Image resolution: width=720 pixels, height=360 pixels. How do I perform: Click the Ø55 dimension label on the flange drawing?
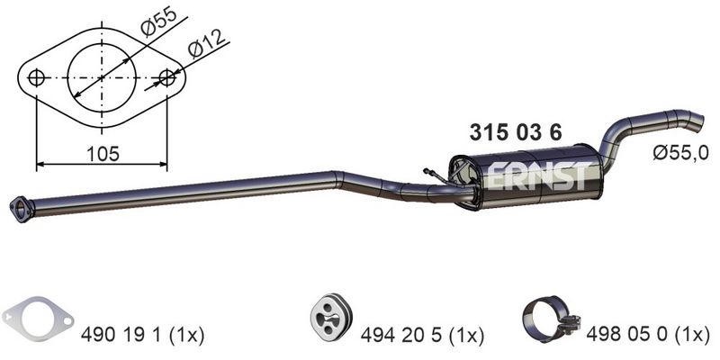click(158, 22)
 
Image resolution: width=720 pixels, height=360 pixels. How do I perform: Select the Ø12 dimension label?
click(208, 43)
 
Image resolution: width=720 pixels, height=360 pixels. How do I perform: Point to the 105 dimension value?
click(103, 154)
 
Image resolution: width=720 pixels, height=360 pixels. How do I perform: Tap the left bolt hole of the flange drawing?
click(36, 78)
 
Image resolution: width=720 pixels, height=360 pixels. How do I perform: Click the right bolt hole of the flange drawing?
click(166, 78)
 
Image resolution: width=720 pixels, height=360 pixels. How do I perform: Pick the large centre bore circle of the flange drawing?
click(102, 43)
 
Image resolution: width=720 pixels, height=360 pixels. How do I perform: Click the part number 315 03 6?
click(516, 132)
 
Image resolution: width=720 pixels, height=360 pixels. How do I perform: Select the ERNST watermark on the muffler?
click(537, 175)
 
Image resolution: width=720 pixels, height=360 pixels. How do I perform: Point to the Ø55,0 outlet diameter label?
click(681, 152)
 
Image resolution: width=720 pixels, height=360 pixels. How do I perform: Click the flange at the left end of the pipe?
click(22, 210)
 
